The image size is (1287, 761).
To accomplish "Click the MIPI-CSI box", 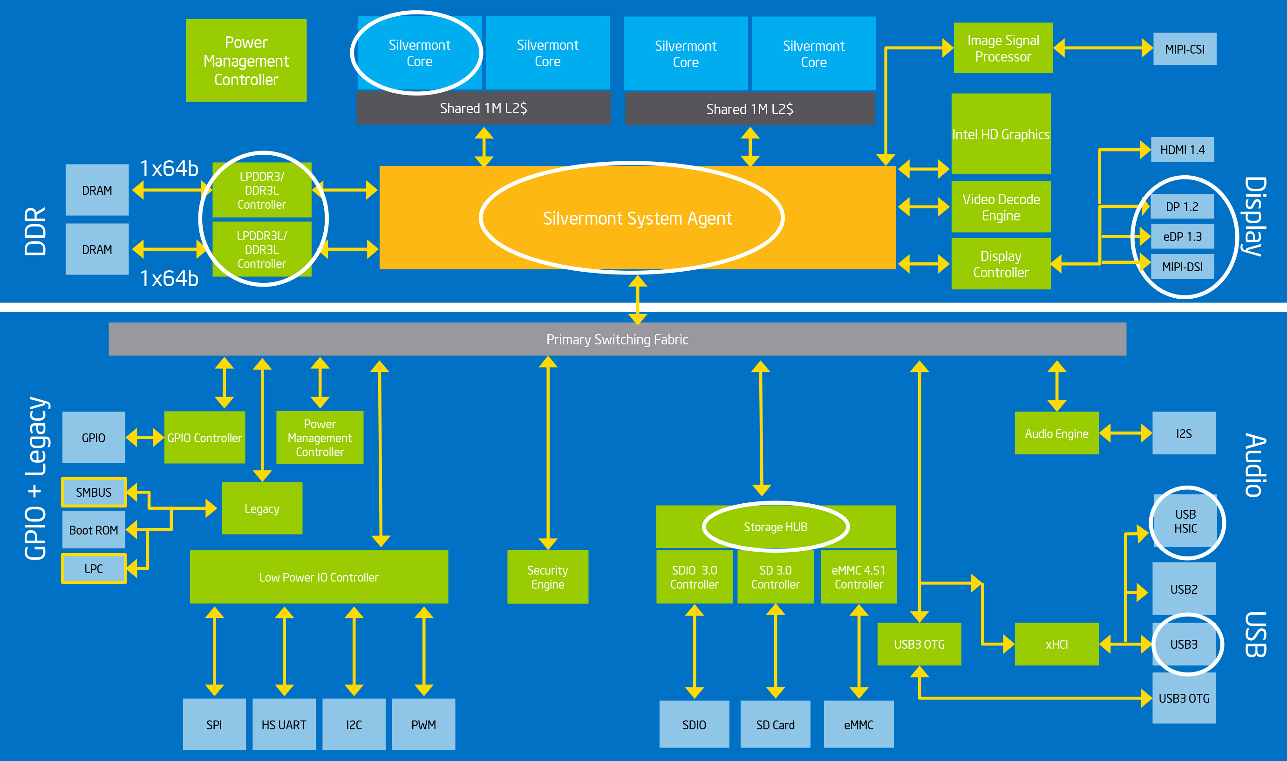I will coord(1184,49).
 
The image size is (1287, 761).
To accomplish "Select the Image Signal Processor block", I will coord(1002,48).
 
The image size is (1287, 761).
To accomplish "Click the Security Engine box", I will coord(547,577).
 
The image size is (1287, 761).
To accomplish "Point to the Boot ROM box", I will coord(93,530).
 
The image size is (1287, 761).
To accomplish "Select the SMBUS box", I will coord(93,492).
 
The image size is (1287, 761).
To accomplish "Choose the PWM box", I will coord(423,724).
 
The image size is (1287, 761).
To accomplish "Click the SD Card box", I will coord(775,724).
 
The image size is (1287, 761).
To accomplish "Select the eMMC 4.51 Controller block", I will coord(858,577).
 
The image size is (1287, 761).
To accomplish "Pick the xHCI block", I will coord(1056,644).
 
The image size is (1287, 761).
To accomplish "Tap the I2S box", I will coord(1184,433).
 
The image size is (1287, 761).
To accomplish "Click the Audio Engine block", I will coord(1056,433).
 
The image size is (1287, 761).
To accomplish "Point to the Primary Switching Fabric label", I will coord(617,339).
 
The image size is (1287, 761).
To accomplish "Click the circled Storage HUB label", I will coord(775,527).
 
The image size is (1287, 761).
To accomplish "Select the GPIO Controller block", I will coord(204,438).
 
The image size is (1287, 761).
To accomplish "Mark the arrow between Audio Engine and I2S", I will coord(1125,433).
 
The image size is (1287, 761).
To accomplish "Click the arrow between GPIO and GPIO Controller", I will coord(144,438).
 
